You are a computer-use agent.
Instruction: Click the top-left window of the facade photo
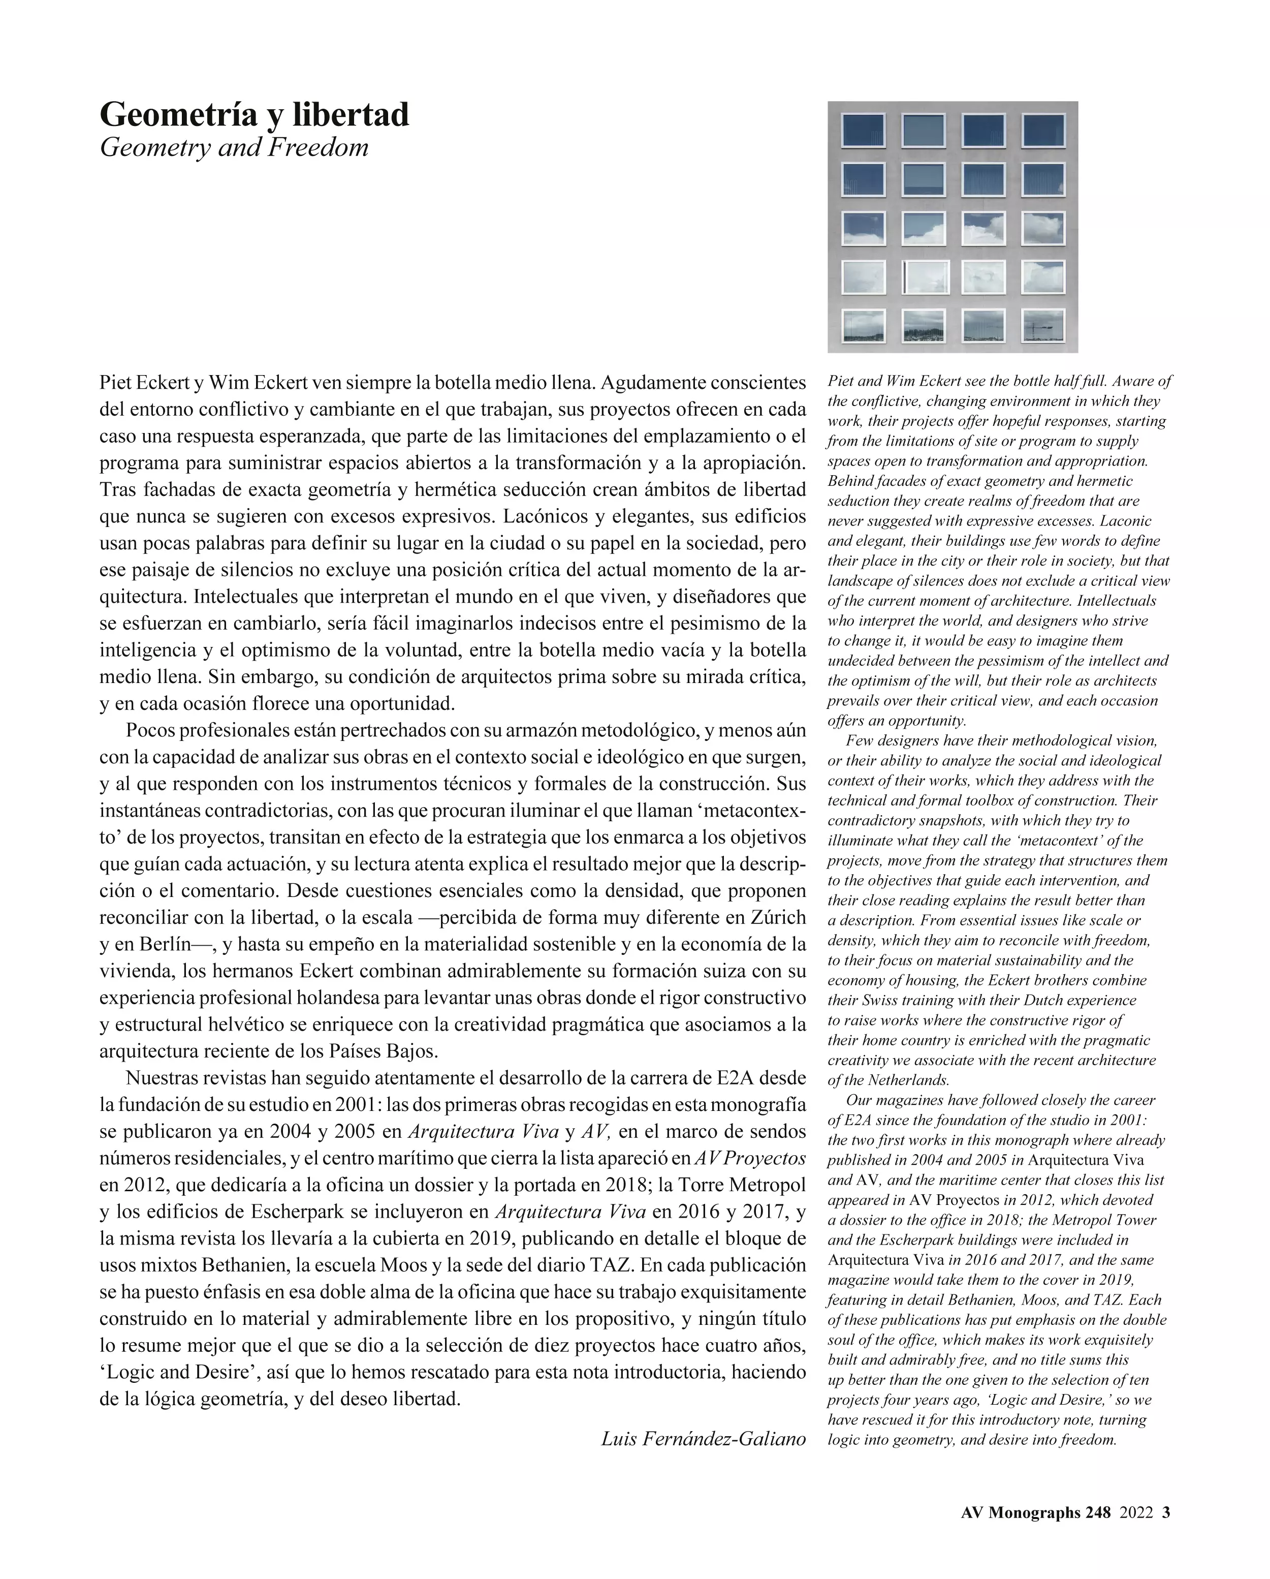tap(864, 131)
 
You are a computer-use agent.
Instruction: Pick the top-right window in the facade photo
tap(1042, 131)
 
